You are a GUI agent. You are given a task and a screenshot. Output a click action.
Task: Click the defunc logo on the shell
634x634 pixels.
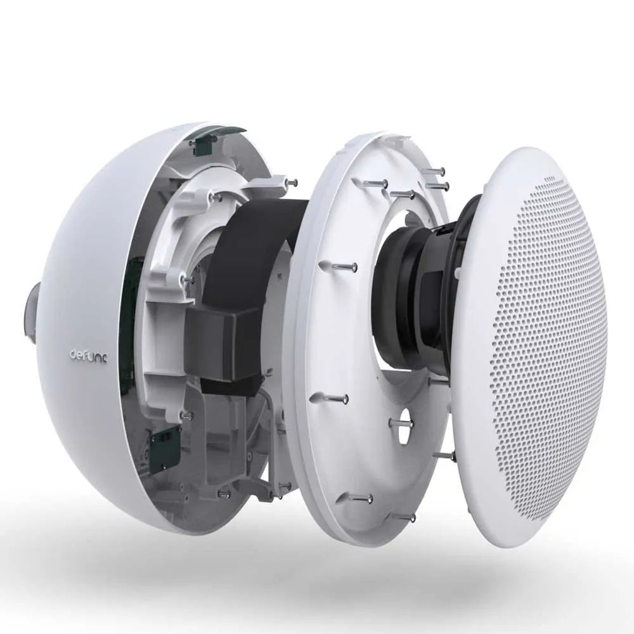[x=87, y=356]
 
